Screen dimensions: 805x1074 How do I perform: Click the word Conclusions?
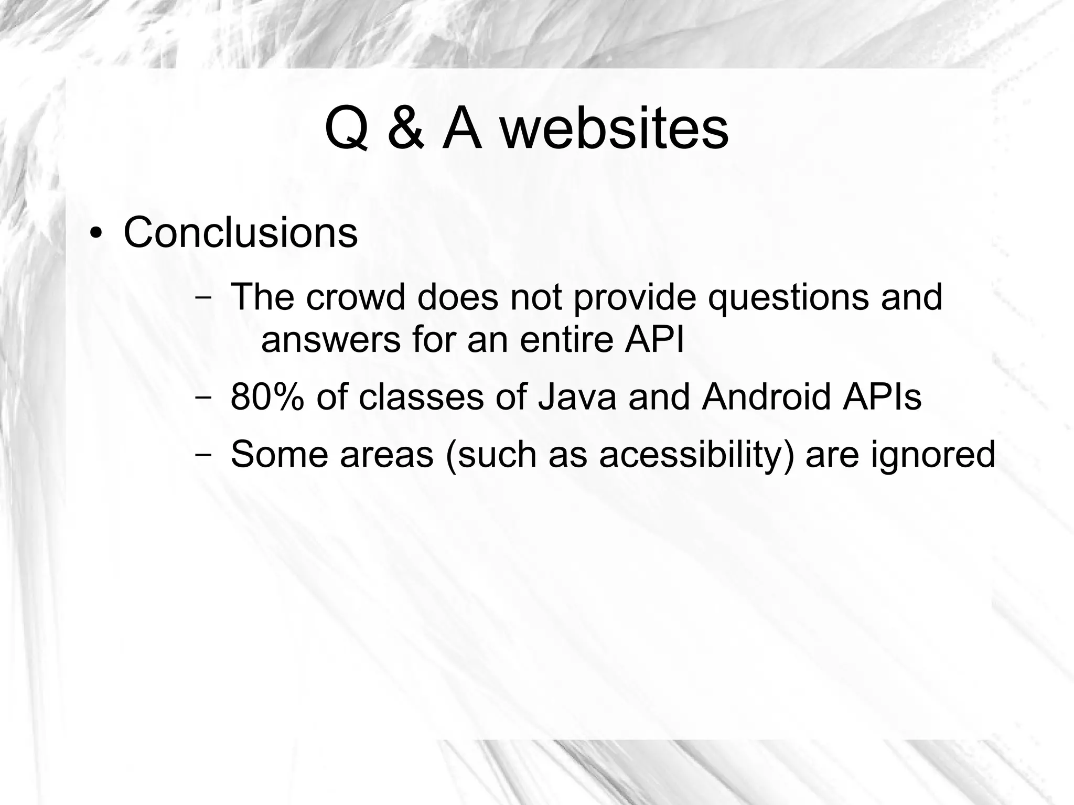click(x=241, y=232)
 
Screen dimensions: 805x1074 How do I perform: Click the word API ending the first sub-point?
click(x=655, y=339)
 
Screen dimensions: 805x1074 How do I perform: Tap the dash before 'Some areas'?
click(x=202, y=454)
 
